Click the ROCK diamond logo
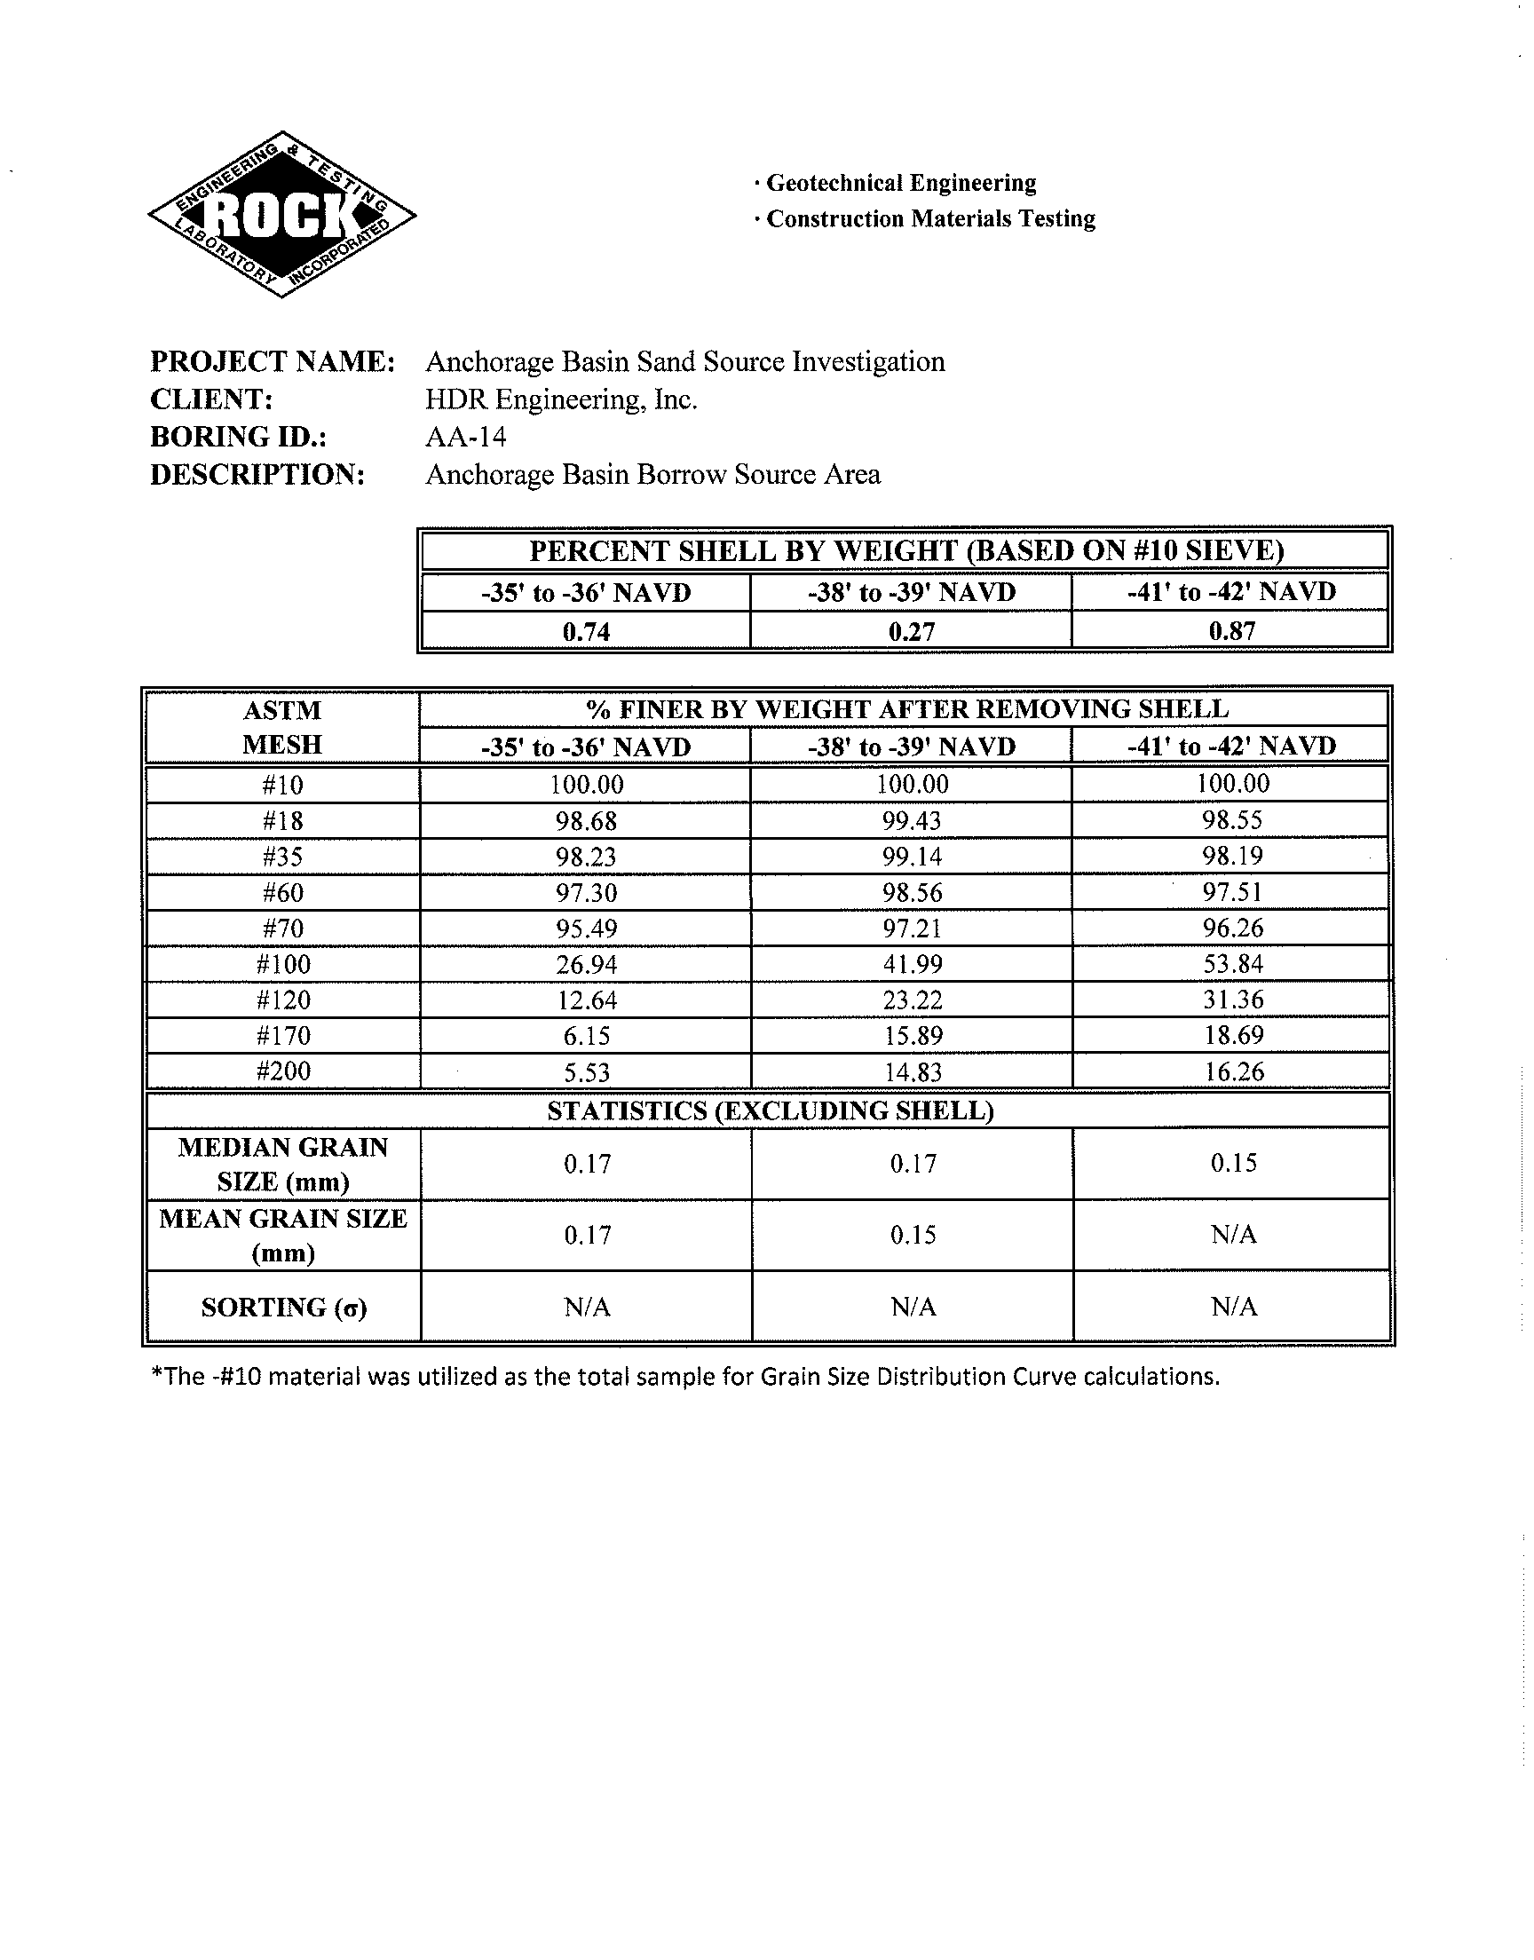tap(281, 215)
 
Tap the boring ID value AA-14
tap(465, 438)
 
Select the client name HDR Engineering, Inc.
tap(561, 399)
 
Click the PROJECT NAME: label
tap(273, 361)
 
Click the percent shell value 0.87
tap(1231, 630)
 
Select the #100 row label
tap(283, 964)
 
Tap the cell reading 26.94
tap(587, 964)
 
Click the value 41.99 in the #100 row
tap(912, 964)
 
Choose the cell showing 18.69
tap(1233, 1035)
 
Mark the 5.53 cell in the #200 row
tap(587, 1071)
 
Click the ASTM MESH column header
tap(282, 727)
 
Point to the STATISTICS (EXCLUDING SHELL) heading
tap(770, 1110)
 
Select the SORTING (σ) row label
tap(283, 1308)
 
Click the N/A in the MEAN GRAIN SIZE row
tap(1233, 1236)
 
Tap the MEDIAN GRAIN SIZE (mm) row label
tap(283, 1164)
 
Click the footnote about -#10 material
tap(685, 1377)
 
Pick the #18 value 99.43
tap(912, 820)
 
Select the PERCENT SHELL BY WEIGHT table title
tap(905, 550)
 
